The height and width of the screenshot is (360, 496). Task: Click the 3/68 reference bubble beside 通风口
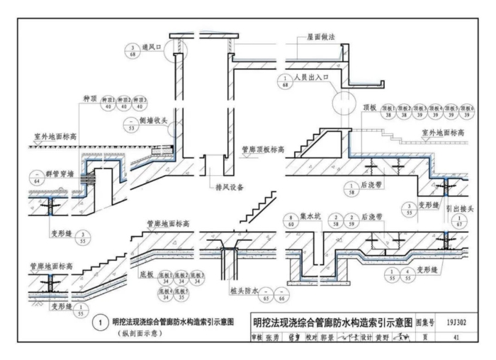pos(133,52)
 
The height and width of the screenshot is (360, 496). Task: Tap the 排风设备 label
pos(227,189)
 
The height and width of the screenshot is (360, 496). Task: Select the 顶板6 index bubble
pos(466,111)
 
